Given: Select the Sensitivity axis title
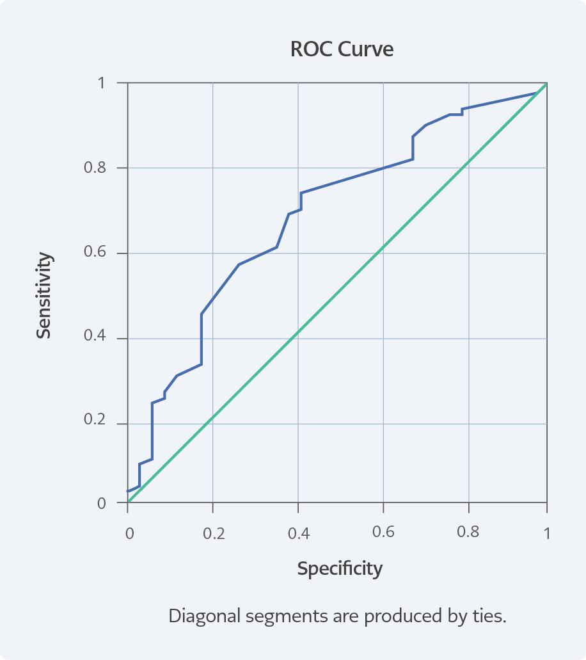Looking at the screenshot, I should pos(44,295).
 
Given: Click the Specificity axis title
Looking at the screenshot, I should pos(340,568).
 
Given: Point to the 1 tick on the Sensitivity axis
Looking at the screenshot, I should pos(102,83).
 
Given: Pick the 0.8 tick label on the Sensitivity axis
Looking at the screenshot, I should pos(95,168).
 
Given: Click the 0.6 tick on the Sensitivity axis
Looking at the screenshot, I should pos(95,254).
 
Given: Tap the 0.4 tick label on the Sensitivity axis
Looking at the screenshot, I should pos(95,339).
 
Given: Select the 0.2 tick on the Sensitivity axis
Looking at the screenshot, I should pos(95,424).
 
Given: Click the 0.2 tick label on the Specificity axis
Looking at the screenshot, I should pos(214,534).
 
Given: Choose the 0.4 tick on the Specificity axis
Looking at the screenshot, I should pos(299,534).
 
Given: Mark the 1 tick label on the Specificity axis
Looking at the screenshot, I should pos(547,534).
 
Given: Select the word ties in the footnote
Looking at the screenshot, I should pos(490,616).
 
